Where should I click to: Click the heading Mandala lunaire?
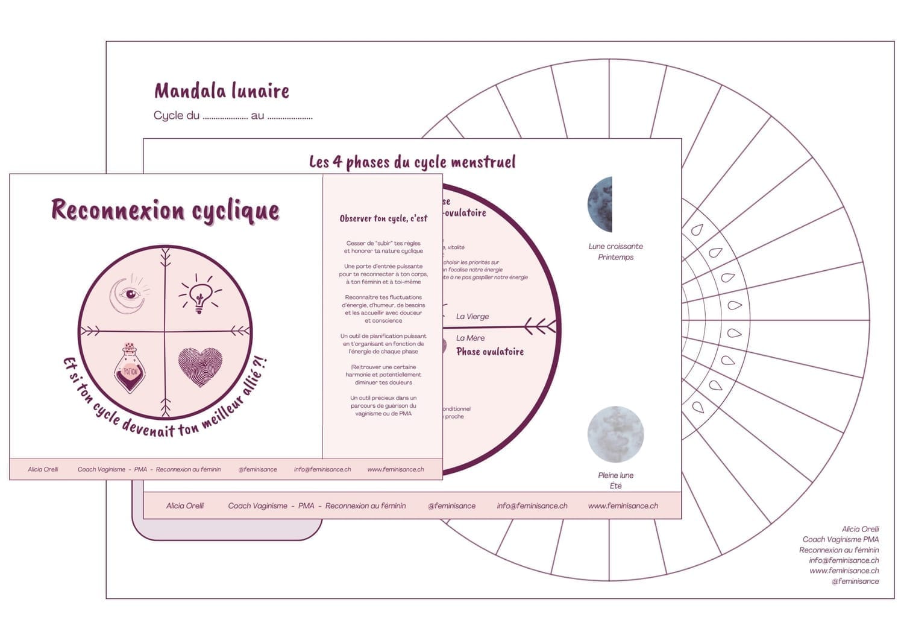pos(222,91)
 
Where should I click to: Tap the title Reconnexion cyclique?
pos(165,211)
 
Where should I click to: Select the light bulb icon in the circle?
pos(199,293)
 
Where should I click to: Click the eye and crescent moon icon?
pos(129,294)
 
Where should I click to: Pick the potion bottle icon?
pos(129,367)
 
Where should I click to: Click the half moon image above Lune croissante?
pos(601,204)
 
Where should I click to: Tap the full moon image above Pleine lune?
pos(615,434)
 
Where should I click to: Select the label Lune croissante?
pos(615,246)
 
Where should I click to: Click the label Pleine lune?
pos(615,475)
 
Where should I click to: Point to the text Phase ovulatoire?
pos(490,352)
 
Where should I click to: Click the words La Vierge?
pos(472,316)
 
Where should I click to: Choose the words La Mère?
pos(470,338)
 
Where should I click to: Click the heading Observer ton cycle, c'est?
pos(383,218)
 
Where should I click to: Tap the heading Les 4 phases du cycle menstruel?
pos(412,162)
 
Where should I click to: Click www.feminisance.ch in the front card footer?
pos(395,469)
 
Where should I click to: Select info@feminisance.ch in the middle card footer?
pos(532,505)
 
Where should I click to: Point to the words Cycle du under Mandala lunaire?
pos(176,116)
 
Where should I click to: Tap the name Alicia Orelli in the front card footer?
pos(43,469)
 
